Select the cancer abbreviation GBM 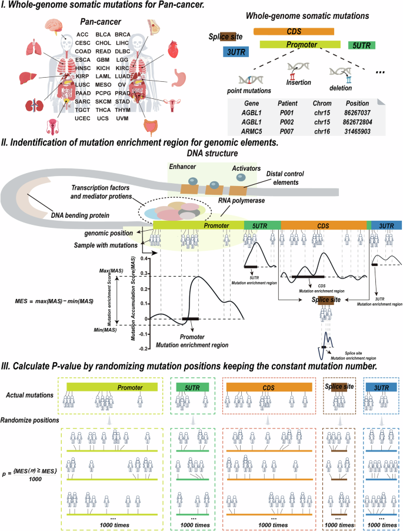[x=104, y=59]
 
